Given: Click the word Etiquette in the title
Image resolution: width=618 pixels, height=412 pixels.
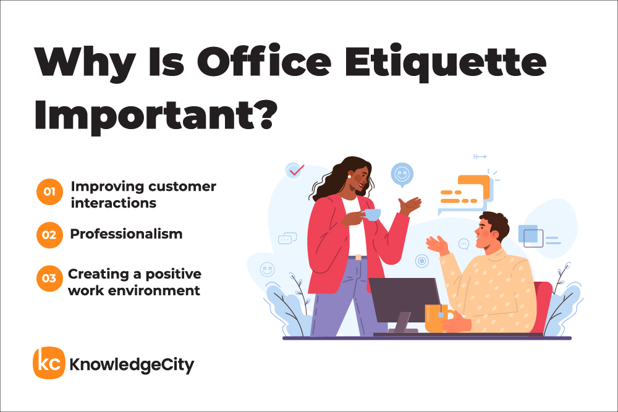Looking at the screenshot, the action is click(x=446, y=63).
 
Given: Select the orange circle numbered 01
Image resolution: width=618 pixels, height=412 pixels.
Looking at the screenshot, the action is click(x=49, y=192).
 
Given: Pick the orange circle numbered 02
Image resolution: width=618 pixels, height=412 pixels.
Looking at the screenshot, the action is click(x=49, y=235).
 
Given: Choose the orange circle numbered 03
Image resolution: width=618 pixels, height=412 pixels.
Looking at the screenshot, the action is click(x=49, y=279).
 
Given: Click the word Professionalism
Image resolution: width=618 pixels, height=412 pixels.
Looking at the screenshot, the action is click(x=126, y=234).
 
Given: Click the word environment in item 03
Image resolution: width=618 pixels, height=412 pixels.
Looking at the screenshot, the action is click(x=154, y=291).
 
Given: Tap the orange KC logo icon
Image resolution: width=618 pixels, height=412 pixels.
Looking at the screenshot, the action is click(x=48, y=363).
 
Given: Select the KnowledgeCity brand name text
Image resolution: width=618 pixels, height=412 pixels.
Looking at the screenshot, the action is click(x=132, y=364).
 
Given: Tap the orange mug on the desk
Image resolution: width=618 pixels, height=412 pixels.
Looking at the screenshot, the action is click(x=438, y=318).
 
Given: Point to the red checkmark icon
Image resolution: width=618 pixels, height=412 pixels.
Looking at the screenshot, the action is click(x=296, y=170).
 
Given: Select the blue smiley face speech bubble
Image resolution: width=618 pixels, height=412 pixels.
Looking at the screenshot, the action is click(x=402, y=175).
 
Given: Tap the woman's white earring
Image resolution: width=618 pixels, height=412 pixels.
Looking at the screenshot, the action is click(x=349, y=176).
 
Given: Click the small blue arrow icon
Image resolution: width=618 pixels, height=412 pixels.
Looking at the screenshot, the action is click(x=480, y=157).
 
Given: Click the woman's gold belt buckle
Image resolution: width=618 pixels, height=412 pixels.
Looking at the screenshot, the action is click(x=358, y=257).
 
